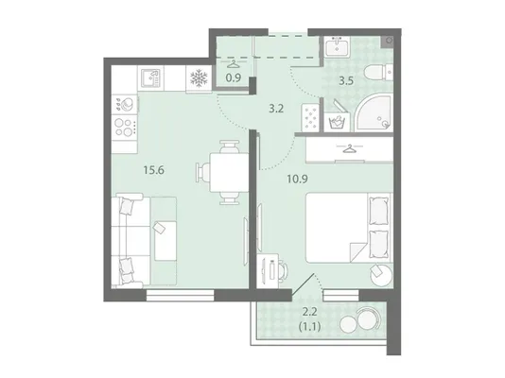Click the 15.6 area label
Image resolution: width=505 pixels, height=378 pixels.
[154, 170]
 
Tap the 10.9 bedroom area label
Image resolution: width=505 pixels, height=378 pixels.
[297, 179]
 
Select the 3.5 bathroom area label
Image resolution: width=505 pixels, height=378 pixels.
[346, 80]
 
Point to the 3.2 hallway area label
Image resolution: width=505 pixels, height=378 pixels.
[276, 109]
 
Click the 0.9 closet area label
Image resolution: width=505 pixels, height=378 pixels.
[234, 77]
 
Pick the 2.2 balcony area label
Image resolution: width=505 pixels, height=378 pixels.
[309, 312]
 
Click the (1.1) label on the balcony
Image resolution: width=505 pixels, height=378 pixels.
[309, 327]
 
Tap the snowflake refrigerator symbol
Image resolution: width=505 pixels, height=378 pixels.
[199, 78]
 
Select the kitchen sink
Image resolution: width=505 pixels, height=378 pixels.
[150, 78]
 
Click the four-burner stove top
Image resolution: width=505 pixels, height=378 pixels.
[124, 127]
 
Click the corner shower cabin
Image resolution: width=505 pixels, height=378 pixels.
[374, 112]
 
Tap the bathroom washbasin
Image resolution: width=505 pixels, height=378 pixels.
[337, 47]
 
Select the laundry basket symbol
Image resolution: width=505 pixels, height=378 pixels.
[337, 122]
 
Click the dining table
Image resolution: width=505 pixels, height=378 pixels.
[229, 172]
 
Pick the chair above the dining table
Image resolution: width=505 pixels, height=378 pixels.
[229, 146]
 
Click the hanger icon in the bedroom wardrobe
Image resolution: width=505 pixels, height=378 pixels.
[349, 149]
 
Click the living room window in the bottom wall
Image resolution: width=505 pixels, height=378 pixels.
[180, 296]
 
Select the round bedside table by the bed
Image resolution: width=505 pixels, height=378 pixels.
[382, 274]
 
